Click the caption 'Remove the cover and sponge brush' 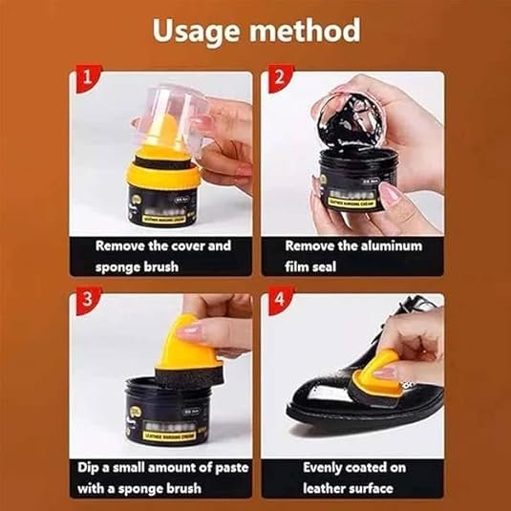click(162, 255)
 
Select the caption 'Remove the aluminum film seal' click(352, 255)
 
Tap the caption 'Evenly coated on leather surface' click(352, 479)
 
